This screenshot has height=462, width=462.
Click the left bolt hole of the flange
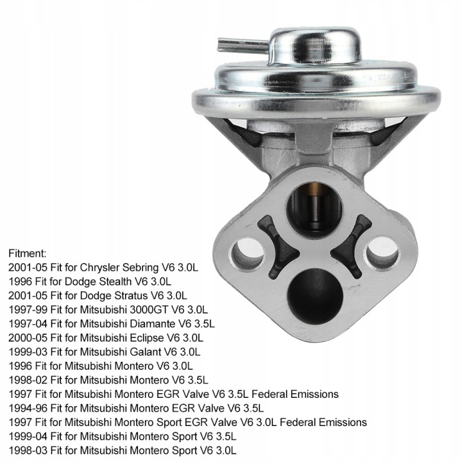click(x=248, y=253)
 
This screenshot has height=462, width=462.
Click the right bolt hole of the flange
click(x=382, y=253)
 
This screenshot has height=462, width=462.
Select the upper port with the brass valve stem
click(x=314, y=209)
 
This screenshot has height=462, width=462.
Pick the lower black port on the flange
click(x=315, y=296)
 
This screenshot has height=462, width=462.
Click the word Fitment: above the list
click(x=28, y=253)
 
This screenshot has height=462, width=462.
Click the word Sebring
click(x=141, y=268)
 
